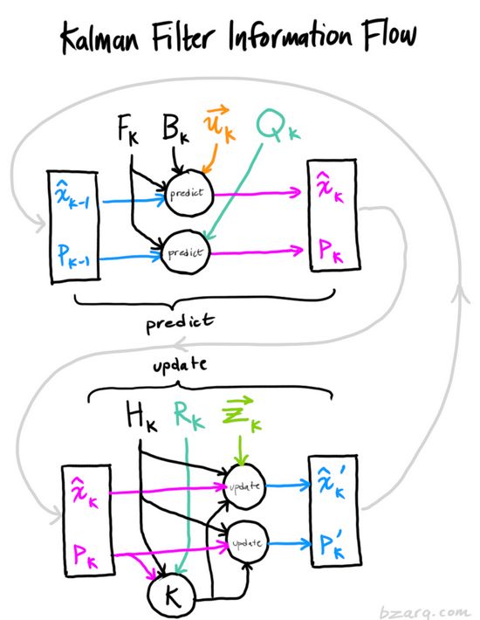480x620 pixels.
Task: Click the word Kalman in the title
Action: coord(100,38)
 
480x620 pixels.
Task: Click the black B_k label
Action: coord(175,127)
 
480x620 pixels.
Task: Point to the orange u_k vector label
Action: coord(219,123)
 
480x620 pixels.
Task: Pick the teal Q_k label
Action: coord(278,126)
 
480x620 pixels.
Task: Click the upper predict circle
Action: coord(189,193)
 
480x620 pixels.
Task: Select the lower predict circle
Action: coord(186,252)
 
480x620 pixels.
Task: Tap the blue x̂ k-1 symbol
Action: coord(72,196)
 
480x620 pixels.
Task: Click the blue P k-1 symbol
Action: coord(73,256)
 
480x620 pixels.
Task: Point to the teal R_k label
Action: coord(189,415)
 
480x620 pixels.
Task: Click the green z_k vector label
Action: coord(241,414)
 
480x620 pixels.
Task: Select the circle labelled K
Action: coord(171,595)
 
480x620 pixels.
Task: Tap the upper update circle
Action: coord(244,486)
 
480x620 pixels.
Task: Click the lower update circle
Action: coord(248,542)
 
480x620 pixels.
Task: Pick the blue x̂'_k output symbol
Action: coord(331,482)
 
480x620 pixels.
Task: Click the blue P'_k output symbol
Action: coord(332,544)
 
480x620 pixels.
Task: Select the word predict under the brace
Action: coord(180,323)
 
